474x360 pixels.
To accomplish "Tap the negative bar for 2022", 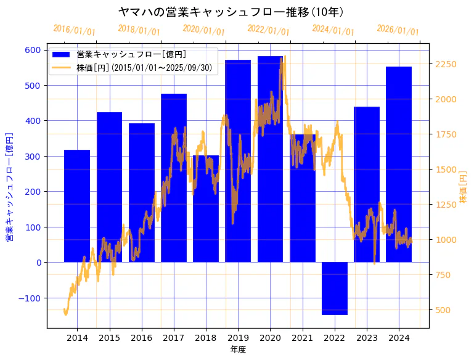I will pos(335,288).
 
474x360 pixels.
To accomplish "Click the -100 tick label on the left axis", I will pos(30,298).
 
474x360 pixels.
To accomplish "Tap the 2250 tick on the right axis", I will pos(445,64).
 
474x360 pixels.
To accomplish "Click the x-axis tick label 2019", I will pos(238,338).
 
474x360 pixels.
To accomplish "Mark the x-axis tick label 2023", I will pos(367,338).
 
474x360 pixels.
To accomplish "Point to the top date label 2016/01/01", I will pos(74,30).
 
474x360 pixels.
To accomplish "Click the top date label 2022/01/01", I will pos(268,30).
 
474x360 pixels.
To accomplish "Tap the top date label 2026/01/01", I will pos(398,30).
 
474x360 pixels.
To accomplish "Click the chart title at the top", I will pos(231,12).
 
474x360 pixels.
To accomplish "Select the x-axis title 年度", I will pos(237,350).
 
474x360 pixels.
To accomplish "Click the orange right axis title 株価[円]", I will pos(464,187).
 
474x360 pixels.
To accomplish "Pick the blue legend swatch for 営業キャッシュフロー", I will pos(62,55).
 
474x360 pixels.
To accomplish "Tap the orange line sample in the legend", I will pos(62,68).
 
